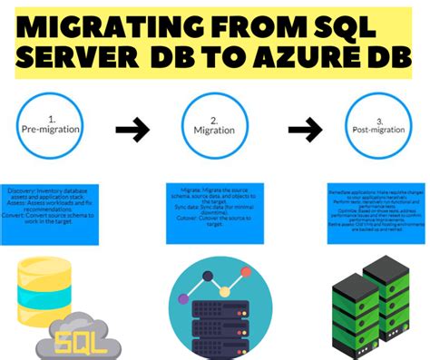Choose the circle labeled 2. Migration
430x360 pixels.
(216, 127)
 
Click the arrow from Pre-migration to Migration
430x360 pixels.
(134, 131)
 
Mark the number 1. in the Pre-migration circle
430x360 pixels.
(52, 118)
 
